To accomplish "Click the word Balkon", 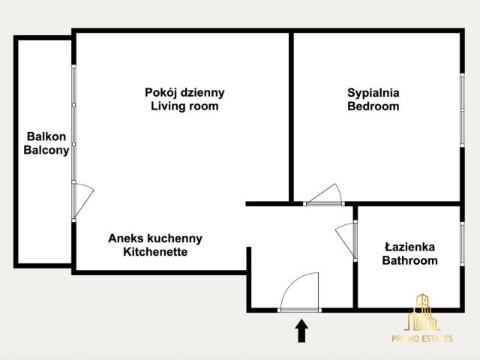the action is [46, 136].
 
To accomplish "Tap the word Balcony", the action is [46, 150].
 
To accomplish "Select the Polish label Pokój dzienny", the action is [184, 93].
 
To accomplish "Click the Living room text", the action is [184, 106].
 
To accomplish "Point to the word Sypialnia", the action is [373, 93].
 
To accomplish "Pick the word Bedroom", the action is [373, 106].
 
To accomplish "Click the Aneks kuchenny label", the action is [155, 238].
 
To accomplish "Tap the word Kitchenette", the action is [155, 252].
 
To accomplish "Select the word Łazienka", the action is [410, 247].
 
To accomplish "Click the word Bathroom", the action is [410, 260].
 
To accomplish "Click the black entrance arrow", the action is [301, 331].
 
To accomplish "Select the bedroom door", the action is [325, 194].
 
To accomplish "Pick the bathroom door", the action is [346, 240].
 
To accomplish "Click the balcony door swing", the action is [83, 200].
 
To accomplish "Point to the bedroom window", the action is [462, 110].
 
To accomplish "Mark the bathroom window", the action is [462, 244].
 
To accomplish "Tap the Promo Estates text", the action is [422, 338].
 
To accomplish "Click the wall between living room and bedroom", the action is [291, 117].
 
